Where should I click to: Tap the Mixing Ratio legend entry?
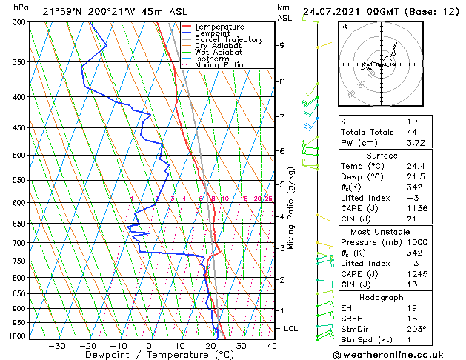pyautogui.click(x=219, y=65)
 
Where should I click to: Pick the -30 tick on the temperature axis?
pyautogui.click(x=57, y=345)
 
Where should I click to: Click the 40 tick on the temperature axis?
pyautogui.click(x=271, y=345)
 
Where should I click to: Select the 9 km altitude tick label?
pyautogui.click(x=282, y=45)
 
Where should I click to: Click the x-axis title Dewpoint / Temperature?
pyautogui.click(x=149, y=355)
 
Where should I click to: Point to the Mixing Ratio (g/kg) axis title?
pyautogui.click(x=291, y=208)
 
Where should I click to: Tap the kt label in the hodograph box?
pyautogui.click(x=344, y=26)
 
